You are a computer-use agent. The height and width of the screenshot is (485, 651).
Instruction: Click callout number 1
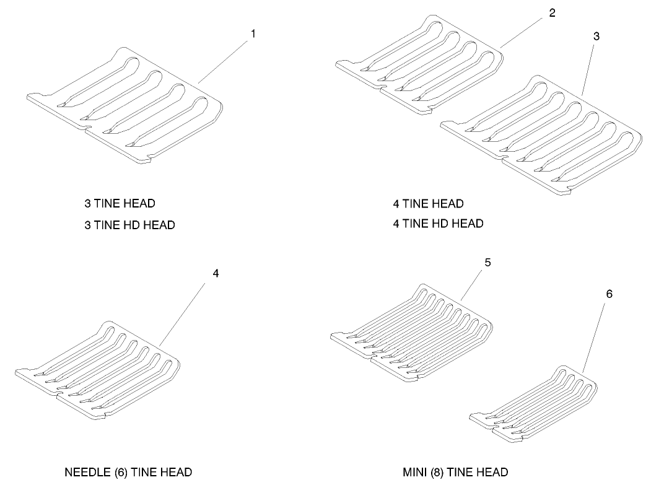pos(253,33)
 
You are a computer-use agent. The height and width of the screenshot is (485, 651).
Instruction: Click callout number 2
pos(552,13)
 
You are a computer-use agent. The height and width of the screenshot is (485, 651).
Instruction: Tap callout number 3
pos(596,36)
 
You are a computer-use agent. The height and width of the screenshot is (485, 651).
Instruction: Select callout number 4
pos(216,273)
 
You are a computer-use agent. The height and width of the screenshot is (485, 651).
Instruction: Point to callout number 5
pos(488,263)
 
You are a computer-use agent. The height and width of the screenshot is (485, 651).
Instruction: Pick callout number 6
pos(609,294)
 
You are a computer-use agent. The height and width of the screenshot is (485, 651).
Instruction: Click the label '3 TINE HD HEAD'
pos(129,225)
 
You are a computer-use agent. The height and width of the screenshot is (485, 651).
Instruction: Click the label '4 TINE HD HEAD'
pos(438,224)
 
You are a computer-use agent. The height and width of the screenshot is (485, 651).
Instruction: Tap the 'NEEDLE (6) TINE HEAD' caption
pos(128,472)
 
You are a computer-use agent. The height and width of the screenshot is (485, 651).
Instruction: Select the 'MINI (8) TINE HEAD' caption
pos(455,472)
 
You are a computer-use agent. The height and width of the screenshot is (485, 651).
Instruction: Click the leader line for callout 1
pos(224,62)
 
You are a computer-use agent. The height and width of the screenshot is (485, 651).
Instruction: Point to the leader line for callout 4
pos(182,314)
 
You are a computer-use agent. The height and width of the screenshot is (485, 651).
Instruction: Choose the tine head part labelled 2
pos(419,64)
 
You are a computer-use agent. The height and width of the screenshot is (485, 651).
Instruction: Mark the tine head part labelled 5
pos(412,333)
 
